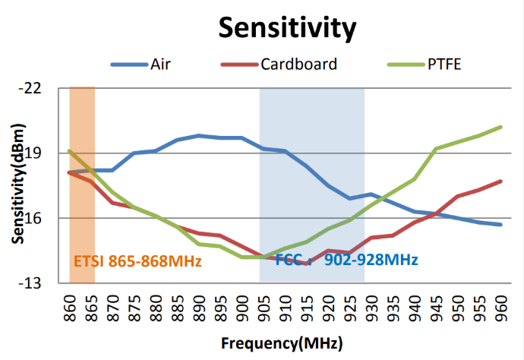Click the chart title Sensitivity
coord(287,28)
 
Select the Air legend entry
coord(160,64)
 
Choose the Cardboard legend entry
coord(298,64)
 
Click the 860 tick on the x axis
coord(69,305)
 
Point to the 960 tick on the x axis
coord(501,305)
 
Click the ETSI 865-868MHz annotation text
coord(137,261)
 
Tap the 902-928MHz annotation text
coord(371,260)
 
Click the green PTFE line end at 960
coord(501,127)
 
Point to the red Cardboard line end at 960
coord(501,181)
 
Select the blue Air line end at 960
coord(501,224)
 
